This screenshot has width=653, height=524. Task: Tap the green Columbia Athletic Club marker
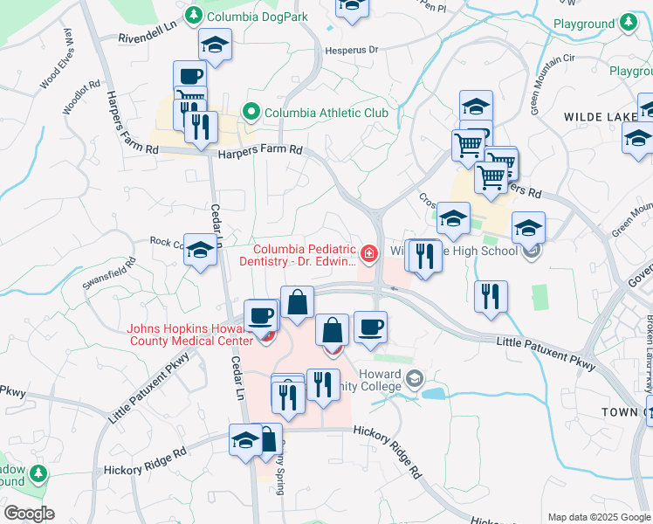click(x=251, y=112)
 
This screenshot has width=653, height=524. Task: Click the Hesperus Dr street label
click(x=351, y=50)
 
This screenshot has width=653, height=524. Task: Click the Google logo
click(x=28, y=514)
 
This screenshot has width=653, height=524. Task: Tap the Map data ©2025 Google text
click(x=598, y=517)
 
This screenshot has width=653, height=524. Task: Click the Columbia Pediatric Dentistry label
click(x=305, y=256)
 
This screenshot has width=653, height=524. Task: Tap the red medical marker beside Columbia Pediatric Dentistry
click(x=369, y=254)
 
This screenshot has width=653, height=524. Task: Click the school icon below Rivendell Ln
click(x=216, y=45)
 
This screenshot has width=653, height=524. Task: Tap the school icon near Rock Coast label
click(x=201, y=253)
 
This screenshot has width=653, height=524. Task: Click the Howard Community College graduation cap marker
click(x=414, y=378)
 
